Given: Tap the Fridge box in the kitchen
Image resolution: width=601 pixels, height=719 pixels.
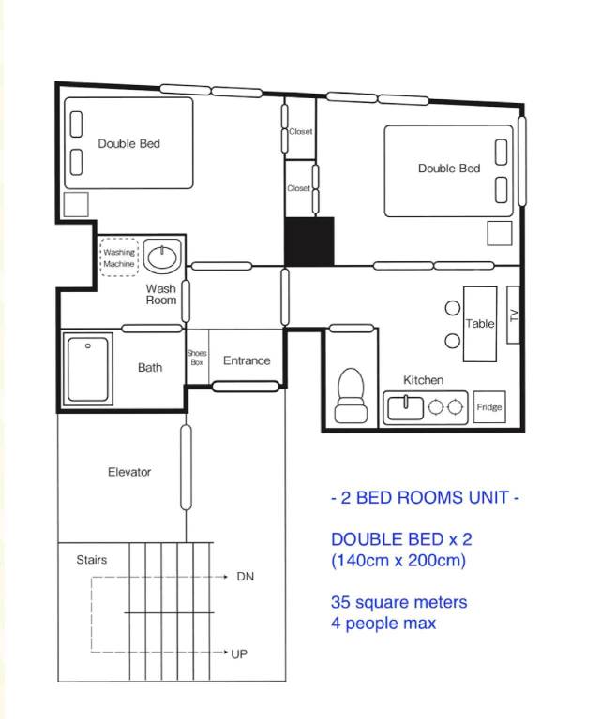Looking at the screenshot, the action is click(x=489, y=406).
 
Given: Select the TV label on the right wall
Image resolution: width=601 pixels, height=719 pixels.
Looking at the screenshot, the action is click(x=513, y=315).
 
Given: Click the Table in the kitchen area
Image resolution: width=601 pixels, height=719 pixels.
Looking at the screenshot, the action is click(x=480, y=324).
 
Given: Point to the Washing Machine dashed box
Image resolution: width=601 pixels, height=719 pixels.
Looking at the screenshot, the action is click(x=119, y=257).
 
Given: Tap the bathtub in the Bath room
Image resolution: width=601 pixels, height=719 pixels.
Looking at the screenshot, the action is click(x=88, y=369).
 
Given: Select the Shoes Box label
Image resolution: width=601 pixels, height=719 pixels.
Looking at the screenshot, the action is click(x=197, y=358).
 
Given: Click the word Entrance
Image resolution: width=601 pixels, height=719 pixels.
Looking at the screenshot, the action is click(x=247, y=360).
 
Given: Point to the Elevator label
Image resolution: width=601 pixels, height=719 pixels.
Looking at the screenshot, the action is click(x=129, y=472).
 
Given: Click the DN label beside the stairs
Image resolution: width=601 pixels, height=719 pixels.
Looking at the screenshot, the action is click(x=245, y=577).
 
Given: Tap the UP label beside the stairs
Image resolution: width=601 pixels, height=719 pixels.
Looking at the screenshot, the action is click(x=239, y=653).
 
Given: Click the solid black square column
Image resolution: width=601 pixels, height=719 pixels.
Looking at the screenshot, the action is click(x=309, y=242).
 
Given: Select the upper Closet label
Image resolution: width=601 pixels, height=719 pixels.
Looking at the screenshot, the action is click(x=301, y=132).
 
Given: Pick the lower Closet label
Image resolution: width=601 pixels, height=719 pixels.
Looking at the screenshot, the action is click(x=298, y=188).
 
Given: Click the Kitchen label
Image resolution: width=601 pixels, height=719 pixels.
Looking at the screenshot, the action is click(x=423, y=380).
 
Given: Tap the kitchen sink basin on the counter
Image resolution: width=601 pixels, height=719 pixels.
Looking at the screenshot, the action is click(x=405, y=407).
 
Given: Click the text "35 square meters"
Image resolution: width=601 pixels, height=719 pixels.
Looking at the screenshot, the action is click(x=398, y=602).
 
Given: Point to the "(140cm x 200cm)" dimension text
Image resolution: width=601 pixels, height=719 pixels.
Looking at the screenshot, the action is click(x=398, y=561).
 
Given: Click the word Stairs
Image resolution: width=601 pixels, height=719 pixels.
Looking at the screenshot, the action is click(x=91, y=560).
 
